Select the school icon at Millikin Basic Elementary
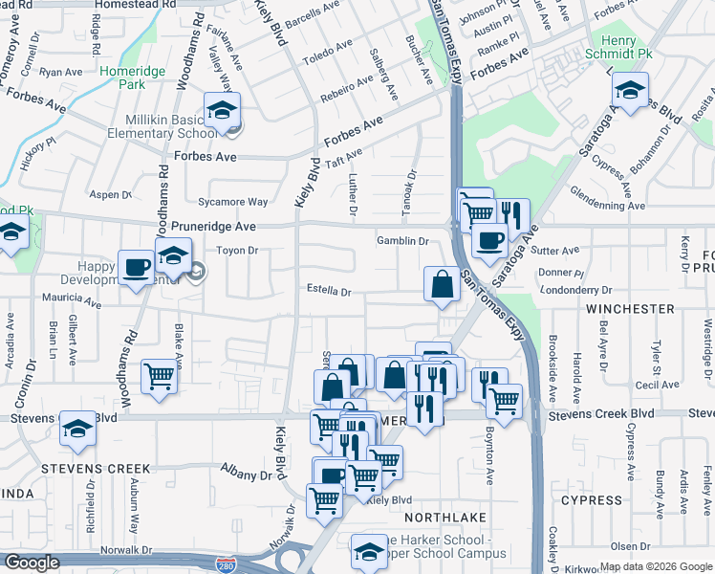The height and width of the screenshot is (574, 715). pyautogui.click(x=222, y=110)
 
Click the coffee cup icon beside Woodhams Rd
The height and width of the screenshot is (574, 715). pyautogui.click(x=136, y=267)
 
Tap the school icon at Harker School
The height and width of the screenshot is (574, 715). pyautogui.click(x=369, y=550)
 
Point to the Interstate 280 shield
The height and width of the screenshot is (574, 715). pyautogui.click(x=226, y=565)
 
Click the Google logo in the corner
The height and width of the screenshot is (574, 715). pyautogui.click(x=31, y=563)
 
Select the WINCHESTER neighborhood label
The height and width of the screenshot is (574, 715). pyautogui.click(x=631, y=309)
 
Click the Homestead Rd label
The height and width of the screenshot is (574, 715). pyautogui.click(x=143, y=5)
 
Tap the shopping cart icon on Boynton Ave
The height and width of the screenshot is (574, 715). pyautogui.click(x=504, y=400)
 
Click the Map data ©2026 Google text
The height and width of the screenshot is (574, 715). pyautogui.click(x=655, y=566)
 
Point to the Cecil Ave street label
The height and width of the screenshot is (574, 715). pyautogui.click(x=662, y=385)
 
